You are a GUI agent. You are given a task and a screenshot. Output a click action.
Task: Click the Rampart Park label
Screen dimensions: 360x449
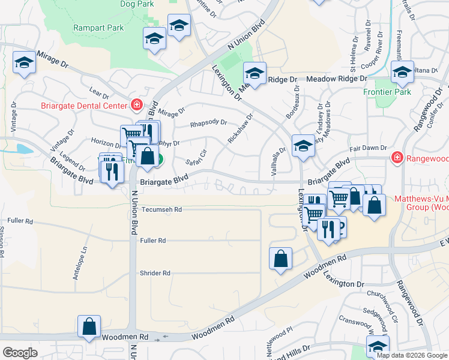(x=98, y=28)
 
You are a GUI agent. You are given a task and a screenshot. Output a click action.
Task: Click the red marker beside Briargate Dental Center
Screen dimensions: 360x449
(x=137, y=106)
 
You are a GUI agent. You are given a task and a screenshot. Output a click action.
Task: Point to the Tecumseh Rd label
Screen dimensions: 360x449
(x=161, y=209)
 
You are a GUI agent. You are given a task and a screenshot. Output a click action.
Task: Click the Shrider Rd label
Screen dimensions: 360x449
(x=155, y=273)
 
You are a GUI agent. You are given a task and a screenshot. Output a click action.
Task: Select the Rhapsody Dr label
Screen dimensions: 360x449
(x=208, y=124)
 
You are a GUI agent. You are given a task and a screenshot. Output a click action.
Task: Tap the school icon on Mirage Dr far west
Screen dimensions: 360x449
(x=24, y=62)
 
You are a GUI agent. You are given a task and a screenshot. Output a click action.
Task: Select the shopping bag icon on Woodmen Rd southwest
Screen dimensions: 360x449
(x=89, y=327)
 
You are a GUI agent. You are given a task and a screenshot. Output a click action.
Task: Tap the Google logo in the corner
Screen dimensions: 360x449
(x=20, y=353)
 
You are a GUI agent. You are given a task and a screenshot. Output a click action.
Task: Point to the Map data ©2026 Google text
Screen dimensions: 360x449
(x=412, y=355)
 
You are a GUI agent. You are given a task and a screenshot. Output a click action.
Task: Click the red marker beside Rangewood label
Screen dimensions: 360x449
(x=396, y=158)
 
